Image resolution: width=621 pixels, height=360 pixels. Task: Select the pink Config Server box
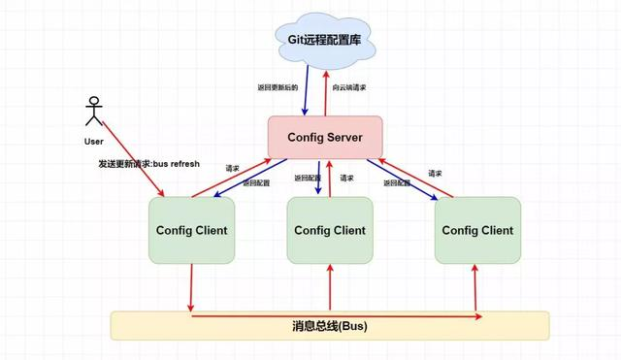click(325, 137)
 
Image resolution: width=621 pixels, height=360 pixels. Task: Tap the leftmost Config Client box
click(191, 230)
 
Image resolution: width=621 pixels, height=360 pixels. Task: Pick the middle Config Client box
click(329, 230)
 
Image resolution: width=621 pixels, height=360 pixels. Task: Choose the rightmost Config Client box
click(476, 230)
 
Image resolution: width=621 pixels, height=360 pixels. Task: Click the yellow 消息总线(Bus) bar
click(329, 326)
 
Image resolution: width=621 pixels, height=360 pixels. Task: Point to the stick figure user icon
click(94, 112)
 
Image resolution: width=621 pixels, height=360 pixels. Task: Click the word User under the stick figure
click(94, 141)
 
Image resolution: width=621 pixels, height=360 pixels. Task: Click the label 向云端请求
click(349, 87)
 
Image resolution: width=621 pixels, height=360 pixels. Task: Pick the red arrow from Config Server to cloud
click(327, 92)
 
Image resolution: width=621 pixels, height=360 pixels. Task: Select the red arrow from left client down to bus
click(191, 286)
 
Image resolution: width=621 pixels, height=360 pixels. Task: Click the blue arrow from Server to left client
click(243, 182)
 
